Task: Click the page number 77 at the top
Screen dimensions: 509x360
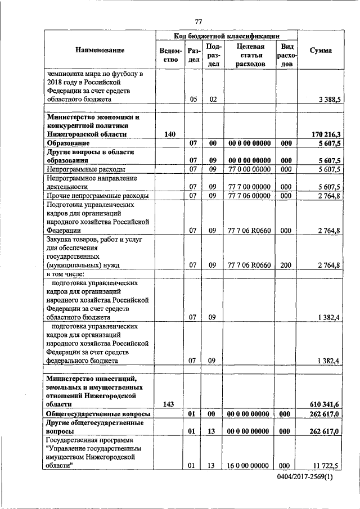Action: click(198, 22)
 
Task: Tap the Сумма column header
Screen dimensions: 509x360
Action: click(321, 51)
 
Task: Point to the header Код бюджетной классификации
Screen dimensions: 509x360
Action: click(227, 35)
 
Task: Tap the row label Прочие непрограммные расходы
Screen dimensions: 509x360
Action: click(97, 196)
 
